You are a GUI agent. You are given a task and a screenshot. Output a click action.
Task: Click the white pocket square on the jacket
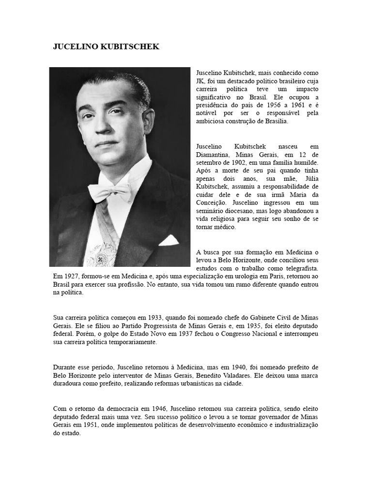click(x=169, y=240)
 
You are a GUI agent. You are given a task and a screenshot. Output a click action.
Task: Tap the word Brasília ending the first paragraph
click(x=275, y=122)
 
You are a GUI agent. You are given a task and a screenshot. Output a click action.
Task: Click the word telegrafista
click(x=301, y=267)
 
